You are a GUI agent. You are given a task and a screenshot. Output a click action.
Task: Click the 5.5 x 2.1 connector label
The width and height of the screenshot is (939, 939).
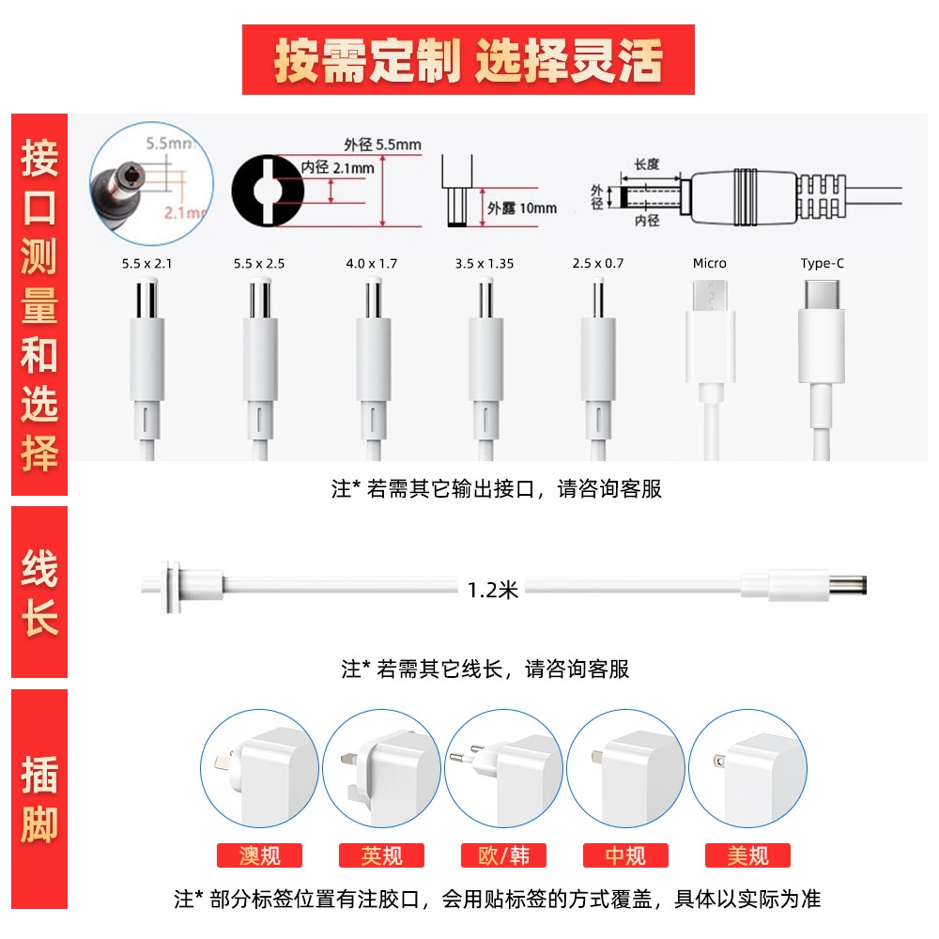tap(146, 264)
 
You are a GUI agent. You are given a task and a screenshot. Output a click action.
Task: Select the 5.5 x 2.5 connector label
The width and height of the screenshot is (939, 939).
tap(259, 264)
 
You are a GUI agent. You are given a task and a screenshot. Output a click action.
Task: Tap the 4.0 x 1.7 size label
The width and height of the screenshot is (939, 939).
tap(371, 264)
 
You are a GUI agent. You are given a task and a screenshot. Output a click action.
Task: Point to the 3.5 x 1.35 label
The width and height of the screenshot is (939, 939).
tap(485, 264)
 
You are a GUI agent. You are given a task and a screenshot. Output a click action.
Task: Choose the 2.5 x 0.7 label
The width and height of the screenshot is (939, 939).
tap(597, 264)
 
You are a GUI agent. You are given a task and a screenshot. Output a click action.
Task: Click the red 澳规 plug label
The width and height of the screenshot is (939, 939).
tap(259, 855)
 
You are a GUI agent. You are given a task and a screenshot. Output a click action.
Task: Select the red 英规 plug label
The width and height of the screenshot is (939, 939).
tap(381, 855)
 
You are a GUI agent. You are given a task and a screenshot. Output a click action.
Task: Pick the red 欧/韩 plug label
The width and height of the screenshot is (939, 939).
tap(503, 855)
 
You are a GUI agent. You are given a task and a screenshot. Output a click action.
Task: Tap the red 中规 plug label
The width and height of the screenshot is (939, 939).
tap(625, 855)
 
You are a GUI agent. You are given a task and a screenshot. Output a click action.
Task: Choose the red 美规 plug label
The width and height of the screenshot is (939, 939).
tap(748, 855)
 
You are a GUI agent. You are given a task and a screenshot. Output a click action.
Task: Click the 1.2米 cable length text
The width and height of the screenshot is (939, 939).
tap(492, 591)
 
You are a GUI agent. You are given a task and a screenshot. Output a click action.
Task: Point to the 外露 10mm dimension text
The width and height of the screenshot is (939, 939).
tap(521, 208)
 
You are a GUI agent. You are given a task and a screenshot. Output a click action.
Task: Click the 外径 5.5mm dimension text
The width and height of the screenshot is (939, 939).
tap(382, 145)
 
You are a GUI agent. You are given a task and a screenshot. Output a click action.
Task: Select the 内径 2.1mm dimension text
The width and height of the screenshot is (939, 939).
tap(337, 168)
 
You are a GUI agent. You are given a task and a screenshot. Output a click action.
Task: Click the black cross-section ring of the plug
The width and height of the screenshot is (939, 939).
tap(242, 191)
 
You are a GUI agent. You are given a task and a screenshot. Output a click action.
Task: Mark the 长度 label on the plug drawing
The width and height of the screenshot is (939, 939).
tap(647, 164)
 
